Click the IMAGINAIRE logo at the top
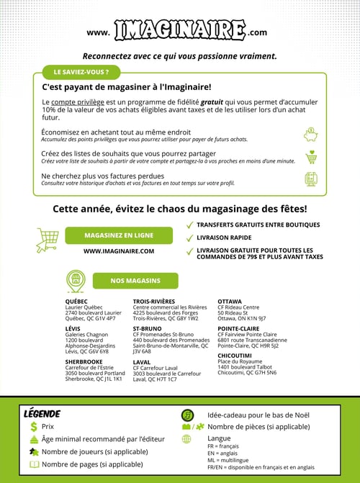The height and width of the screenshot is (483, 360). pyautogui.click(x=179, y=31)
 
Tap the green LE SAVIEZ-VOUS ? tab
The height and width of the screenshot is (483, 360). pyautogui.click(x=77, y=73)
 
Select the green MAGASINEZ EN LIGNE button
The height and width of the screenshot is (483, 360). pyautogui.click(x=119, y=235)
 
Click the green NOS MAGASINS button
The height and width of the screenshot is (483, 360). pyautogui.click(x=136, y=280)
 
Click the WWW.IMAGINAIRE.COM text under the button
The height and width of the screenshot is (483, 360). pyautogui.click(x=119, y=251)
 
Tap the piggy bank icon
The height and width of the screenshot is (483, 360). pyautogui.click(x=312, y=135)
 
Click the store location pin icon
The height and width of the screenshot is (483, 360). pyautogui.click(x=76, y=280)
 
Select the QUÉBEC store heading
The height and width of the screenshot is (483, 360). pyautogui.click(x=76, y=302)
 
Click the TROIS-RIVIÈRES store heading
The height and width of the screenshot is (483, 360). pyautogui.click(x=154, y=302)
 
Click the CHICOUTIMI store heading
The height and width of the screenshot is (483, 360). pyautogui.click(x=235, y=355)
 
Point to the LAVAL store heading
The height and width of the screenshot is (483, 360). pyautogui.click(x=142, y=362)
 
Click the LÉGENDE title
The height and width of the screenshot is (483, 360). pyautogui.click(x=42, y=414)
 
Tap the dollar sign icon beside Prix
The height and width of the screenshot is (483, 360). pyautogui.click(x=33, y=427)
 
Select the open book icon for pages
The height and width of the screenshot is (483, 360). pyautogui.click(x=33, y=464)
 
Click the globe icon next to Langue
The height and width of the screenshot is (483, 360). pyautogui.click(x=186, y=438)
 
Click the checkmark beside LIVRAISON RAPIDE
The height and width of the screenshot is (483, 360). pyautogui.click(x=189, y=237)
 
